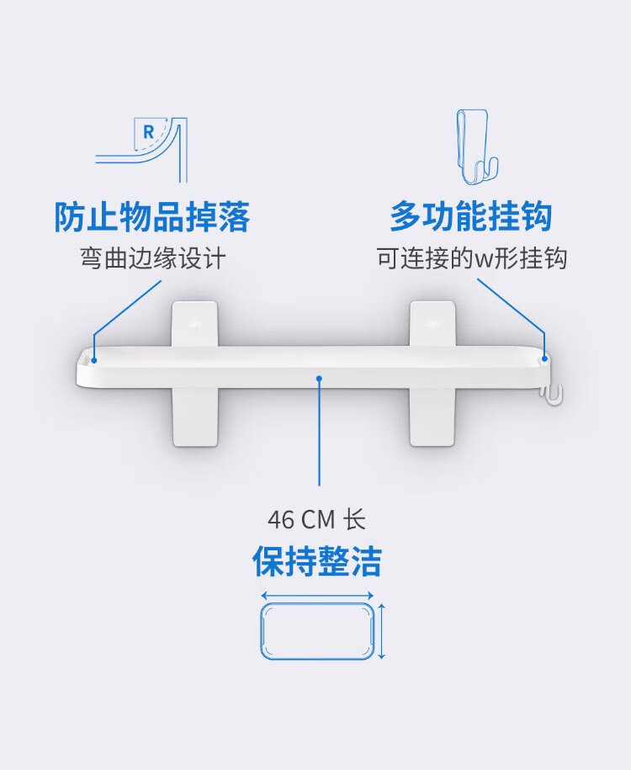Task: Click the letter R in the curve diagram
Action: [x=148, y=131]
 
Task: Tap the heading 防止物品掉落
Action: [x=151, y=216]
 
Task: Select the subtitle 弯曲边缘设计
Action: [x=153, y=258]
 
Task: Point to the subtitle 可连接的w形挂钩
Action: [x=472, y=258]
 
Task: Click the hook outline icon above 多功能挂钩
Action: [x=476, y=146]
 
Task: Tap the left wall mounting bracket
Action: [x=195, y=374]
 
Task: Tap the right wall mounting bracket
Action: [x=432, y=374]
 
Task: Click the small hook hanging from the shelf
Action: [x=552, y=395]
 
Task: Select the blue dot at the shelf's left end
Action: [x=93, y=360]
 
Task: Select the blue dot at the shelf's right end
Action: [x=544, y=359]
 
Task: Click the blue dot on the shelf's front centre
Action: [x=319, y=378]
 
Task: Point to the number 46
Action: [x=281, y=519]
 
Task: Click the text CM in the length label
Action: [x=318, y=519]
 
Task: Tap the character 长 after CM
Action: [x=354, y=519]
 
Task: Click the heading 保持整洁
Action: [x=316, y=560]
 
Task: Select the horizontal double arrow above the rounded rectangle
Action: [x=317, y=596]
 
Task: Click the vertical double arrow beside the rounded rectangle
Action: [x=382, y=631]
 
